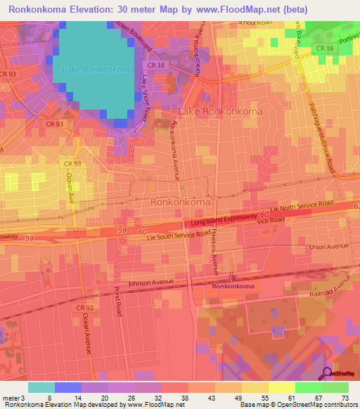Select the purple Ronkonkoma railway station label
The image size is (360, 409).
click(233, 287)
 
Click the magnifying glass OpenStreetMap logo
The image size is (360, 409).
click(328, 372)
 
